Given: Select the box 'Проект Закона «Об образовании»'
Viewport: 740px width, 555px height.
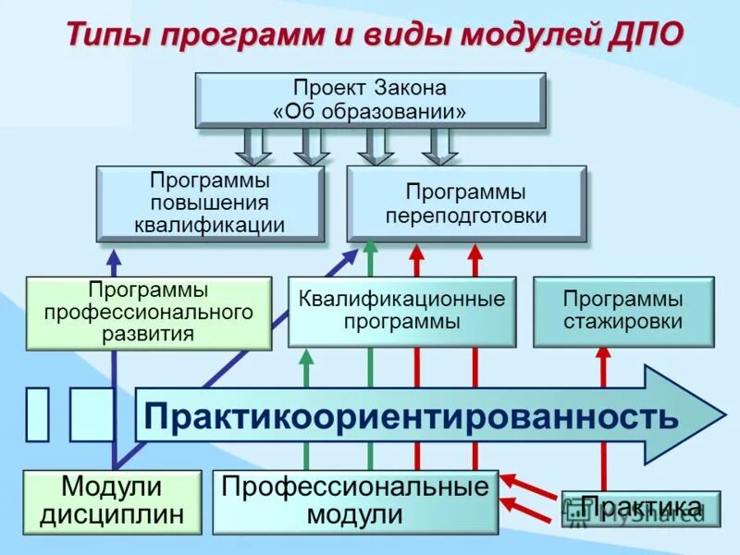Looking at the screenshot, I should coord(370,100).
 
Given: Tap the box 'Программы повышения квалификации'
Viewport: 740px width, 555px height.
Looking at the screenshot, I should coord(210,203).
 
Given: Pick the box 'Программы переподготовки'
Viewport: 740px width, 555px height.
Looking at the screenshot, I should coord(466,203).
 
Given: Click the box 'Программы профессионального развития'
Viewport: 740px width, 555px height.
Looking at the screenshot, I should coord(149,313).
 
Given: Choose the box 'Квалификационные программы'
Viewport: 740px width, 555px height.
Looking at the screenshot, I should coord(402,312).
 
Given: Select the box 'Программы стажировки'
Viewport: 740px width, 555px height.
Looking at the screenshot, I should coord(623,312).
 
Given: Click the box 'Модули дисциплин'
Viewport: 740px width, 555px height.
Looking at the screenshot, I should coord(112,501).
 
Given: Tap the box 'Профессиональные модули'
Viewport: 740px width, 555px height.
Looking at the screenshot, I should coord(355,501).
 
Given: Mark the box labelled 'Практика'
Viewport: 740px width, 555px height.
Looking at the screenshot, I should coord(640,508).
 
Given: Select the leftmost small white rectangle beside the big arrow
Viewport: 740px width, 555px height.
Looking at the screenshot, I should coord(37,414).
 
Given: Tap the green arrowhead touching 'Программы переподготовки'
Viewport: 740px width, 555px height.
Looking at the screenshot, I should coord(370,246).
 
